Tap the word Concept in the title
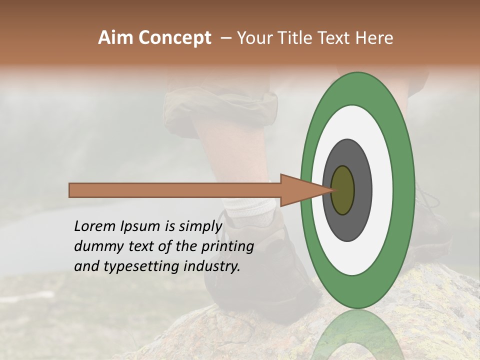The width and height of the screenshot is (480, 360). [x=174, y=38]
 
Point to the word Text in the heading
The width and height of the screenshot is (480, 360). [x=335, y=38]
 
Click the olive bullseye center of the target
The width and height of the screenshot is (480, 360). [x=343, y=190]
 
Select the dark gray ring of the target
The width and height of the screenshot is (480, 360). [x=362, y=190]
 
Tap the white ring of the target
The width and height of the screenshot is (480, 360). [x=382, y=190]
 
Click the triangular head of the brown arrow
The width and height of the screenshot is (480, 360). [x=300, y=190]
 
